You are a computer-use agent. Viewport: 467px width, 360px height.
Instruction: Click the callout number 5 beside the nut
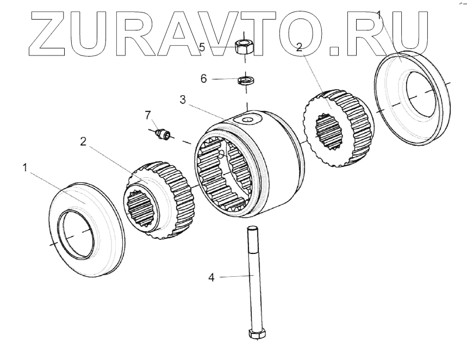pos(202,47)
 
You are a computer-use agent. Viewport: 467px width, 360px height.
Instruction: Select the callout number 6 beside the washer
pos(204,78)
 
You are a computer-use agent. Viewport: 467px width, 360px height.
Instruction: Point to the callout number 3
pos(183,100)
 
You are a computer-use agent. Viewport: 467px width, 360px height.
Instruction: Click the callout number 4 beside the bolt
pos(211,277)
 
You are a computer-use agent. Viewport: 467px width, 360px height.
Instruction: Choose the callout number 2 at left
pos(83,141)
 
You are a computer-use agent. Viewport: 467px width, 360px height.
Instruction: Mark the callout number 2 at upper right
pos(299,47)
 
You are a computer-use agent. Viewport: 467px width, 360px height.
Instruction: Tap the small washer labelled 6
pos(246,81)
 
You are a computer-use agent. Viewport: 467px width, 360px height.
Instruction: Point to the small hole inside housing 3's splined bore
pos(220,155)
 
